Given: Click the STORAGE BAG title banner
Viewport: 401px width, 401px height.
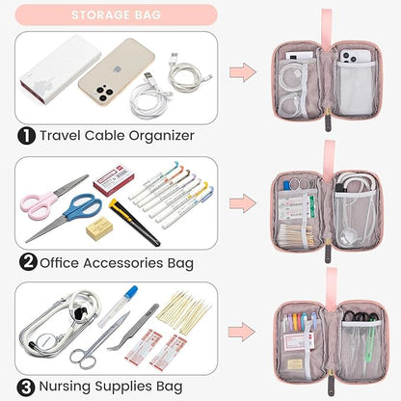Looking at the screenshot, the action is [x=116, y=14].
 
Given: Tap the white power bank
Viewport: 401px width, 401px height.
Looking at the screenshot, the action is [x=61, y=68].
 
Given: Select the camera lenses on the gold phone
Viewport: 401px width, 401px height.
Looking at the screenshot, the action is [x=103, y=93].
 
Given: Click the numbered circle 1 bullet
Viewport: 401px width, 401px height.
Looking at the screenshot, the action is [x=26, y=136].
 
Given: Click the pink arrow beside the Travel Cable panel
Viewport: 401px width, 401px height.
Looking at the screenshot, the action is [x=243, y=72].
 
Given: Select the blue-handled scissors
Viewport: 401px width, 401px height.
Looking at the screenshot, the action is [x=66, y=217].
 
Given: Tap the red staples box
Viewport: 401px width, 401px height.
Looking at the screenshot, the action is [x=114, y=179].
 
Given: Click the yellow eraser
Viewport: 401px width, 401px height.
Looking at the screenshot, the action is [x=99, y=228].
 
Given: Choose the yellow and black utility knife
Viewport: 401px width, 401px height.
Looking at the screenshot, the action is [x=134, y=222].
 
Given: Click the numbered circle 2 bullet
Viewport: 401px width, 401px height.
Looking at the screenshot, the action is [x=28, y=262].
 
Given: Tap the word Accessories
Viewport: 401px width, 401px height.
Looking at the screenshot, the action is [x=123, y=263].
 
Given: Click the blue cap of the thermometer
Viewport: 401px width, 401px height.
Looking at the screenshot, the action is [x=131, y=291].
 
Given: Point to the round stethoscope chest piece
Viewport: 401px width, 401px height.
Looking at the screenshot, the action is [x=45, y=340].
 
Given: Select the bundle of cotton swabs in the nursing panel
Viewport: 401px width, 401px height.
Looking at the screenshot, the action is [x=184, y=312].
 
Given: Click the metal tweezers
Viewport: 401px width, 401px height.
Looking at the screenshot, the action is [x=133, y=328].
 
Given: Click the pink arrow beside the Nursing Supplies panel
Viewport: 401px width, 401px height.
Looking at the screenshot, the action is [x=242, y=332].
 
